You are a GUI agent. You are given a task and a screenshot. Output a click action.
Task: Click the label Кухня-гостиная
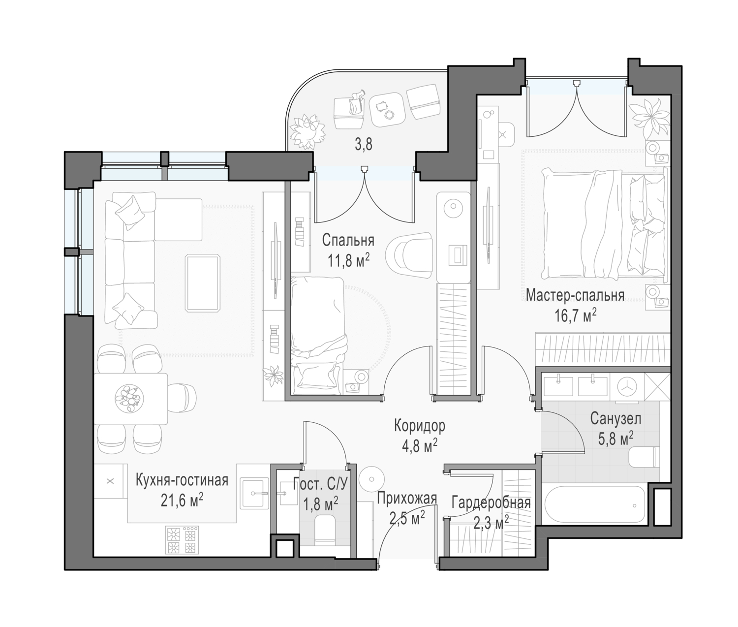tap(182, 481)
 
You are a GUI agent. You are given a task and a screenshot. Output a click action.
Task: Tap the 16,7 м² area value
tap(576, 315)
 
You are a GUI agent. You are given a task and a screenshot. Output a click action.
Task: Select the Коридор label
tap(420, 426)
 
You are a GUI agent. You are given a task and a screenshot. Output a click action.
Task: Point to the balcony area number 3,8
tap(364, 145)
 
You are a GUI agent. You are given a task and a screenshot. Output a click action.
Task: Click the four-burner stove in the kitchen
tap(182, 539)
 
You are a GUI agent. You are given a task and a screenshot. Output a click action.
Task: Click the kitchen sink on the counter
tap(255, 493)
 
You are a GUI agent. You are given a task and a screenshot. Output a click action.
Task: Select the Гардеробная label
tap(491, 503)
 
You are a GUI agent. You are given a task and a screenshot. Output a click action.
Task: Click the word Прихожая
tap(407, 499)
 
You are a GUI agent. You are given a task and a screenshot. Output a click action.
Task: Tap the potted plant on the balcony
tap(307, 131)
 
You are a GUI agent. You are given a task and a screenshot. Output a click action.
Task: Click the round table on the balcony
tap(387, 109)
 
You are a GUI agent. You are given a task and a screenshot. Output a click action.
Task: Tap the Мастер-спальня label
tap(575, 295)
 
